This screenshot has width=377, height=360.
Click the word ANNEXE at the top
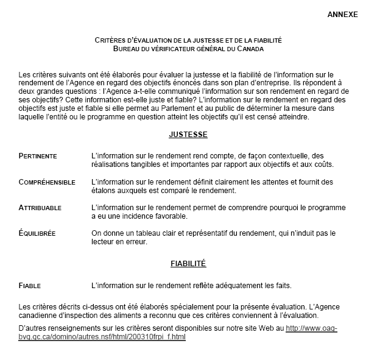[x=343, y=14]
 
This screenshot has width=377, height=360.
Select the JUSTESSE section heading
[x=188, y=134]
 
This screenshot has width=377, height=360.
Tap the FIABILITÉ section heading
[x=188, y=264]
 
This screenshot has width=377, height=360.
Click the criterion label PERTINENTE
[x=38, y=156]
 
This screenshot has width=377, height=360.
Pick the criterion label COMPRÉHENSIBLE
[x=47, y=182]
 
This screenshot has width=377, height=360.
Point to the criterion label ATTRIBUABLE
[x=40, y=208]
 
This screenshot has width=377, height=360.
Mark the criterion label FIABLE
[x=30, y=285]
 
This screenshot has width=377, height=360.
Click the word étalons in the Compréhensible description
[x=104, y=190]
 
